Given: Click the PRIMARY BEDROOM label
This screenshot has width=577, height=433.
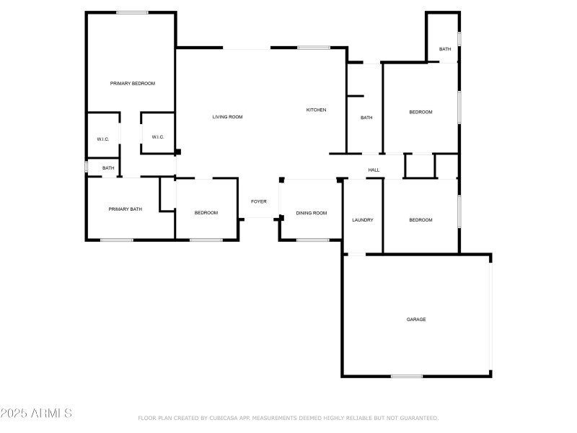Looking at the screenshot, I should tap(132, 84).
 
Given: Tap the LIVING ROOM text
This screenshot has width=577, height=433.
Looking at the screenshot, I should tap(227, 117).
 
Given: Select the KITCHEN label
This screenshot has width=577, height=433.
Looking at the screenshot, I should tap(316, 110).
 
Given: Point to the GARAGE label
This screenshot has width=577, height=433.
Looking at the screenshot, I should tap(416, 319).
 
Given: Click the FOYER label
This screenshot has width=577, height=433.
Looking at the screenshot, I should tap(258, 201).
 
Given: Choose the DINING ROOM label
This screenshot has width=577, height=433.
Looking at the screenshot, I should tap(312, 213).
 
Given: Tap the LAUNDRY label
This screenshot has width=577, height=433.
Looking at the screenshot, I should tap(362, 220).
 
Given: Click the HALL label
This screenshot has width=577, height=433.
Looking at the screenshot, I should tap(374, 170).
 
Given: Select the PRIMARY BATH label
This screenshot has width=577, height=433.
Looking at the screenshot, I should tap(125, 209).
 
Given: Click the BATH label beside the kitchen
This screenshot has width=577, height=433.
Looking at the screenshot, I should tap(366, 118).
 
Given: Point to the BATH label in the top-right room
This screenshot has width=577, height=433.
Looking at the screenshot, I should tap(445, 49).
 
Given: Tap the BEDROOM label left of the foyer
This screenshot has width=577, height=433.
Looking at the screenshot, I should tap(206, 213).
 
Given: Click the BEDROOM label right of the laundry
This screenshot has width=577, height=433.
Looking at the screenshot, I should tap(420, 220).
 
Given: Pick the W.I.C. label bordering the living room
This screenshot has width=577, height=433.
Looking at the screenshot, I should tap(158, 137).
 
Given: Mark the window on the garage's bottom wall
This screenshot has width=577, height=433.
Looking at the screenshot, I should tap(407, 376).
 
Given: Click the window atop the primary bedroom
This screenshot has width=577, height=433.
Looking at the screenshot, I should tap(132, 12).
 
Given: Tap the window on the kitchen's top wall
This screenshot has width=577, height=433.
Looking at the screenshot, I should tap(314, 48).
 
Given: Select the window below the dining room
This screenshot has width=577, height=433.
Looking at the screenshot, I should tap(312, 240).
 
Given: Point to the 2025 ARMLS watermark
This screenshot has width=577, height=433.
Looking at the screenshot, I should tap(36, 414).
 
